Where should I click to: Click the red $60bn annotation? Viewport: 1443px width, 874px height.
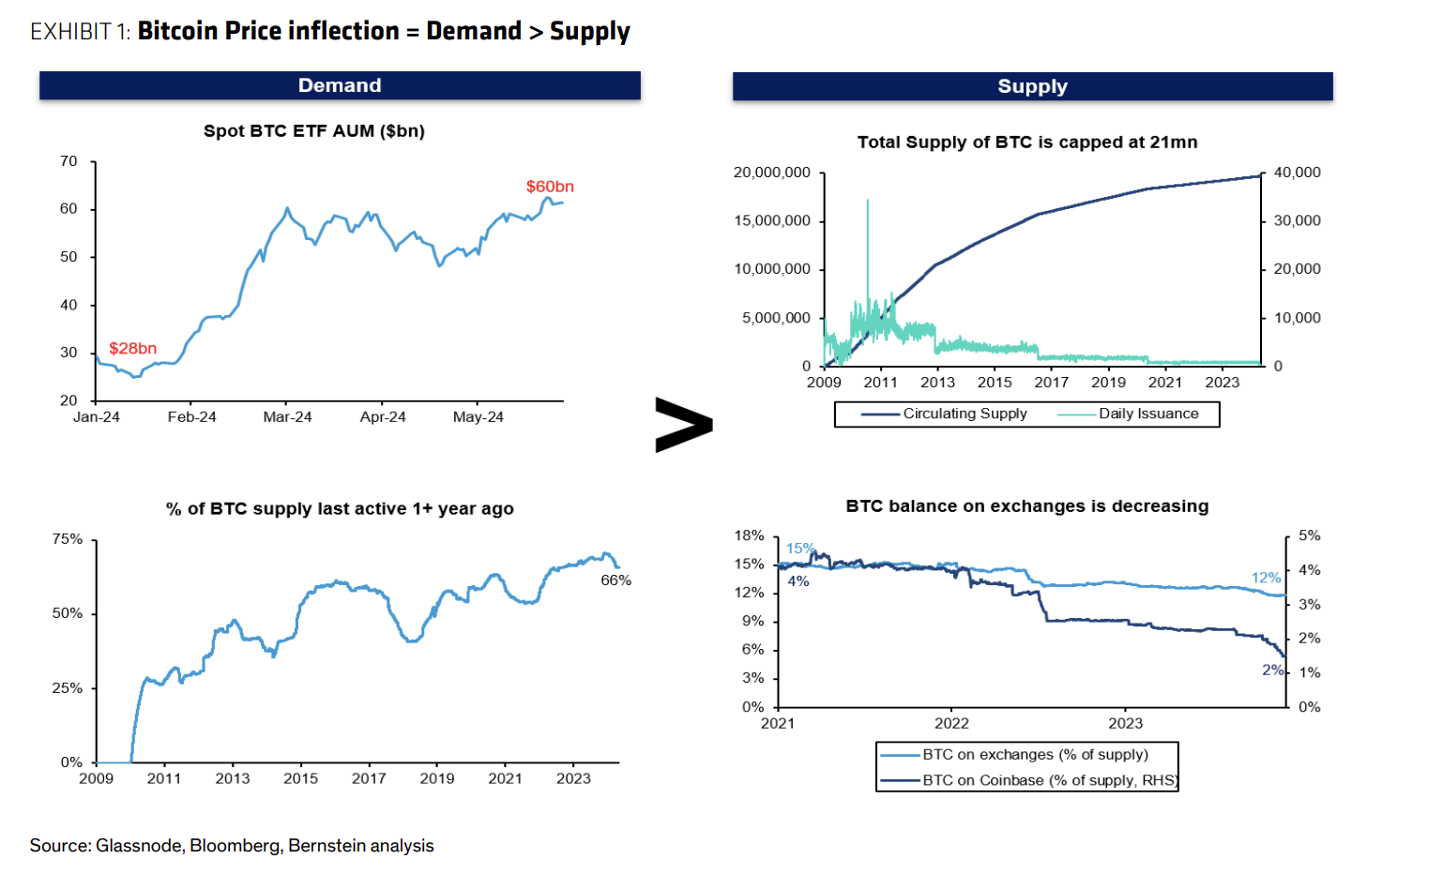(x=550, y=187)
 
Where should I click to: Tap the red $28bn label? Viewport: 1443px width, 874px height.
(x=132, y=349)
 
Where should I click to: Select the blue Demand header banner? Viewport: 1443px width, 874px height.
(x=340, y=85)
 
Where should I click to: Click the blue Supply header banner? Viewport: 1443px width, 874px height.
(x=1032, y=86)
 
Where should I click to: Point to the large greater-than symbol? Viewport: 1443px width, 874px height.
(x=683, y=425)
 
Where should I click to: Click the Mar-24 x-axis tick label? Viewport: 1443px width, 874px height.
(x=287, y=417)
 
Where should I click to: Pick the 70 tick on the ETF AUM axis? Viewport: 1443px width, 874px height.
(x=68, y=161)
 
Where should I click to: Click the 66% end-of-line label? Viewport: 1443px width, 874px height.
(x=615, y=580)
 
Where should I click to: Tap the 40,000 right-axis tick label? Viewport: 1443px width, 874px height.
(x=1297, y=173)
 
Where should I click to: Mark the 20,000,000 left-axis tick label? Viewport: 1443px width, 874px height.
(x=771, y=173)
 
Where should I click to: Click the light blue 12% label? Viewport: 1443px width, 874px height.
(x=1266, y=578)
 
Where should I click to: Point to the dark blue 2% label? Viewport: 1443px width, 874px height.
(x=1272, y=670)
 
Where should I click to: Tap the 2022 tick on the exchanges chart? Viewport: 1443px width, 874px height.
(x=951, y=723)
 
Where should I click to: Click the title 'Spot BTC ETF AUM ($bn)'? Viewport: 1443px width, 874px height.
(x=314, y=131)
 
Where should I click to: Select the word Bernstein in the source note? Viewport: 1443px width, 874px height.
(x=322, y=846)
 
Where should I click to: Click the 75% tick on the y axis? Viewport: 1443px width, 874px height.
(x=68, y=539)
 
